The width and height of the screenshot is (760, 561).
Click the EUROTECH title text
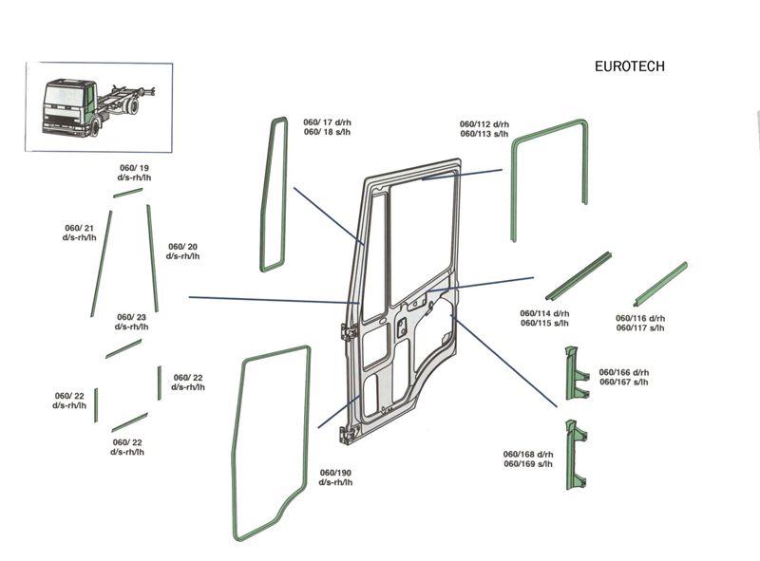coord(629,66)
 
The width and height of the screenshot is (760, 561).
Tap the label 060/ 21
coord(80,232)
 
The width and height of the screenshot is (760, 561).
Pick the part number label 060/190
coord(335,477)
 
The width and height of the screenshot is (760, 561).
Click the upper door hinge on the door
coord(348,328)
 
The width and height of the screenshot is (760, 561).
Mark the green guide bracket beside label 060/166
coord(575,375)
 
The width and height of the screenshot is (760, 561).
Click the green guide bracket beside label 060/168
coord(576,454)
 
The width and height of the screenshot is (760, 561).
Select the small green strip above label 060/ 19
coord(127,193)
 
